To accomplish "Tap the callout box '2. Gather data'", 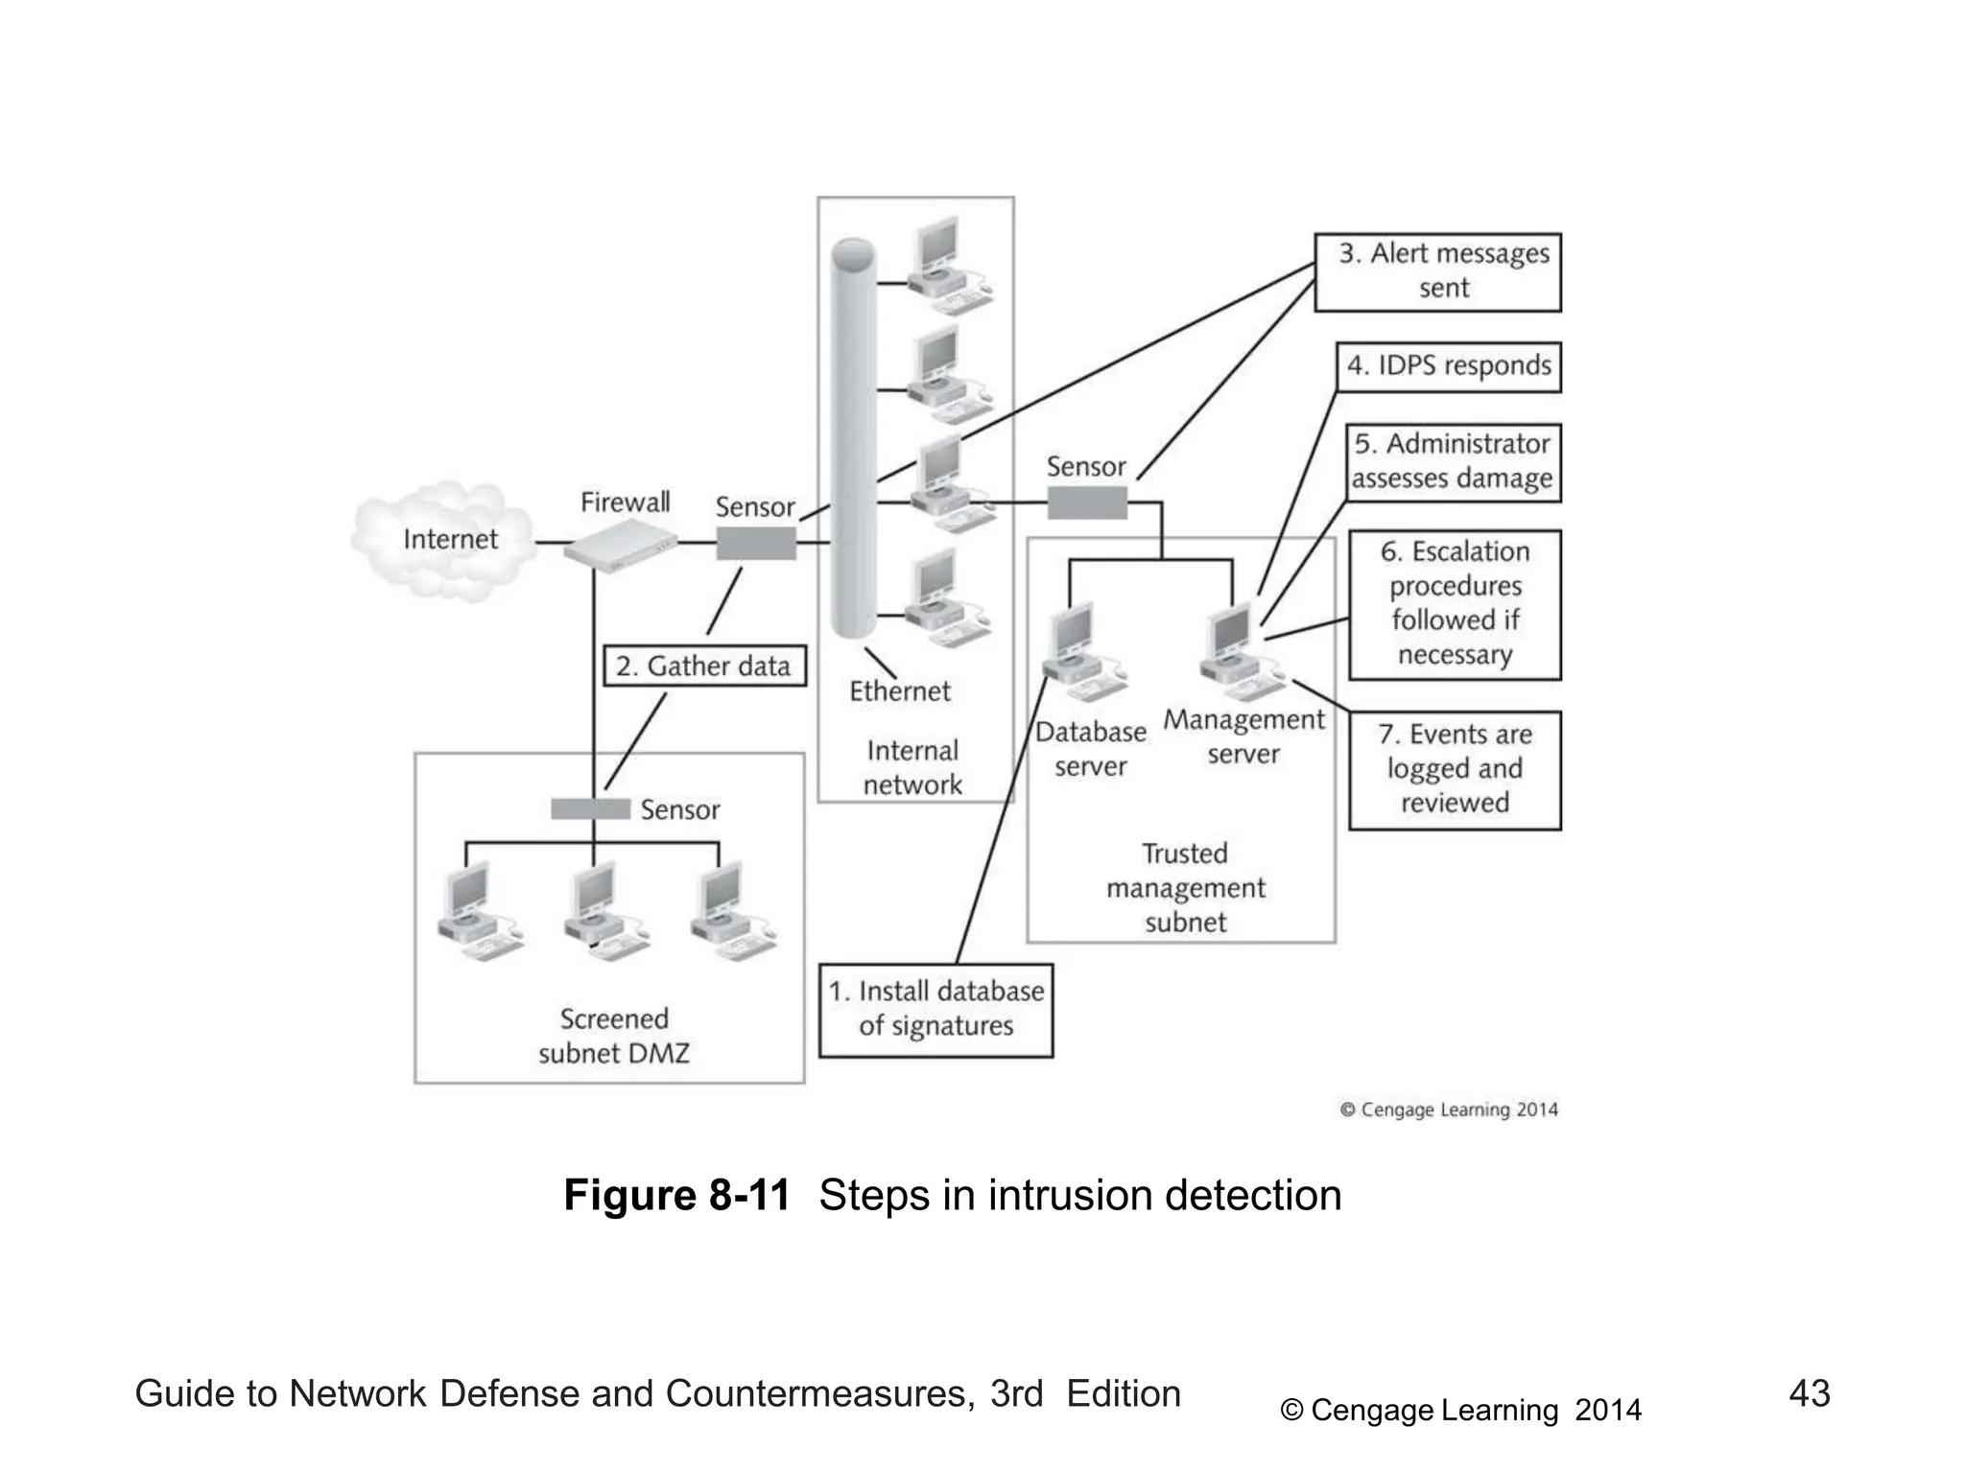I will point(703,666).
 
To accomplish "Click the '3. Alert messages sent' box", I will point(1436,272).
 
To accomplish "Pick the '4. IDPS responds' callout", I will point(1448,366).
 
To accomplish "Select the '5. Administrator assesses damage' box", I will point(1452,462).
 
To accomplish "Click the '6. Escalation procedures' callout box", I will point(1454,604).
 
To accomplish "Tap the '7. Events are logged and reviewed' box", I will point(1454,769).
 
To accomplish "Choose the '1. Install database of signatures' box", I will point(935,1010).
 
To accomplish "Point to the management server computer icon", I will point(1239,652).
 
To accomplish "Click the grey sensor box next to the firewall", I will point(756,544).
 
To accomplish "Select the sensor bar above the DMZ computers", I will point(590,808).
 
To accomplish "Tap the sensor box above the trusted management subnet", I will point(1086,503).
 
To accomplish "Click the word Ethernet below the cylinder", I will point(899,691).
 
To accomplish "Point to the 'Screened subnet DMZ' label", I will point(613,1036).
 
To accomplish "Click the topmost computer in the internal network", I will point(945,264).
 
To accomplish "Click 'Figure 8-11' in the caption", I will point(676,1196).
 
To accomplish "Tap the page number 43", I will point(1809,1393).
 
